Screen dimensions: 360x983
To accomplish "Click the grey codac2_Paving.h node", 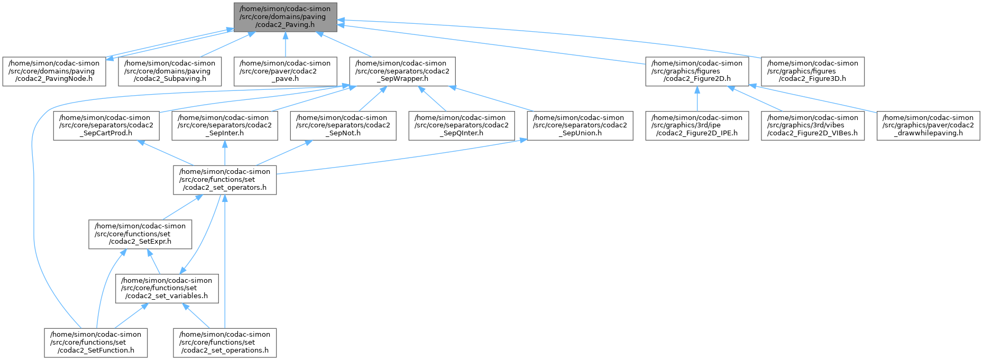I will [x=285, y=16].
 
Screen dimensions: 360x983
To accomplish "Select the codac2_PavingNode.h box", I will [x=54, y=71].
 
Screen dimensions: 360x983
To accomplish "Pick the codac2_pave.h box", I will [x=285, y=71].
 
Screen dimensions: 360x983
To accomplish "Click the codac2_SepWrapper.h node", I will [x=402, y=71].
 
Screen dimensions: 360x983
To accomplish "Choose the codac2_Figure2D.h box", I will [x=697, y=71].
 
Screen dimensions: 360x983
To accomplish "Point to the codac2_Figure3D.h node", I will [x=812, y=71].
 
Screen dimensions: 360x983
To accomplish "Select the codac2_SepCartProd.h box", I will [x=105, y=125].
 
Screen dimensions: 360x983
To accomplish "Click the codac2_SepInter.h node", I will [x=224, y=125].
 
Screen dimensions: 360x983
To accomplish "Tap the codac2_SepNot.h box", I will [x=343, y=125].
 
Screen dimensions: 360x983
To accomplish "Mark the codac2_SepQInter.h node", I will [x=461, y=125].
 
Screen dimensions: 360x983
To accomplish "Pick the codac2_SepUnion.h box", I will [x=580, y=125].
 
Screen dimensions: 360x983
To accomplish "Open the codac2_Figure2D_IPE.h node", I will [x=697, y=125].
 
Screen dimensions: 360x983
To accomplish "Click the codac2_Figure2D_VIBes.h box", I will [x=813, y=125].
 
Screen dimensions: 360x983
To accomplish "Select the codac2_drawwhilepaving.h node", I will [x=928, y=125].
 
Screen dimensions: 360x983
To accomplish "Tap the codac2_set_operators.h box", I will [x=225, y=180].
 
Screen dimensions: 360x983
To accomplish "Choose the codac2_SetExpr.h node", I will [x=140, y=234].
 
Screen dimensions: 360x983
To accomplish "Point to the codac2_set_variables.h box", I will [x=167, y=289].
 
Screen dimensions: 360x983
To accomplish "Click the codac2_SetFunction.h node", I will [x=96, y=343].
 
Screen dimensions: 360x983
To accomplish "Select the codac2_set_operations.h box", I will [x=225, y=343].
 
